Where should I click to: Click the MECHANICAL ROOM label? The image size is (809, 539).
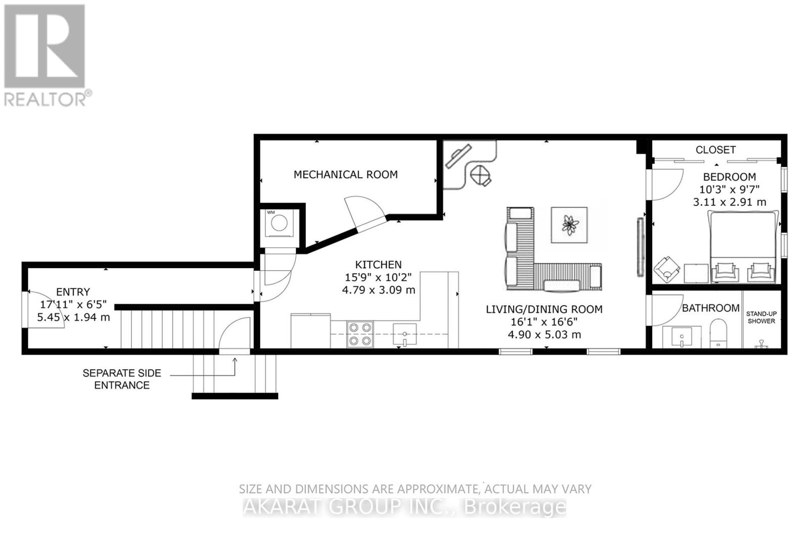pos(345,175)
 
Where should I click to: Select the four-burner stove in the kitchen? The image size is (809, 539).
pos(359,334)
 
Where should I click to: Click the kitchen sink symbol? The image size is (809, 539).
pos(404,335)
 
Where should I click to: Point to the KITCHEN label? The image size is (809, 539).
pos(378,265)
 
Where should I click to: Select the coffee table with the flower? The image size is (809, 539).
pos(569,225)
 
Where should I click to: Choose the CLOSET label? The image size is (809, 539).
pos(715,150)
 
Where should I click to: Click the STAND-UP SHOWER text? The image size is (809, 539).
pos(761,317)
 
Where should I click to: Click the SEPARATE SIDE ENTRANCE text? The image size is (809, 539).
pos(122,379)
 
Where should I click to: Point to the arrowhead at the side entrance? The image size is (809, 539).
pos(235,360)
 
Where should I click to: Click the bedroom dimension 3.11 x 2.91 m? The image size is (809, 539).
pos(729,202)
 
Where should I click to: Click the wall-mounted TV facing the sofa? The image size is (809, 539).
pos(640,247)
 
